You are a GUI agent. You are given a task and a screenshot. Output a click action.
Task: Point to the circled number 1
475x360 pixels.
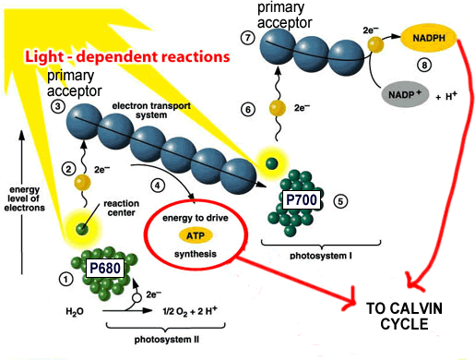[65, 277]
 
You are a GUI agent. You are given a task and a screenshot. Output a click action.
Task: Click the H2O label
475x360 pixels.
[76, 311]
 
